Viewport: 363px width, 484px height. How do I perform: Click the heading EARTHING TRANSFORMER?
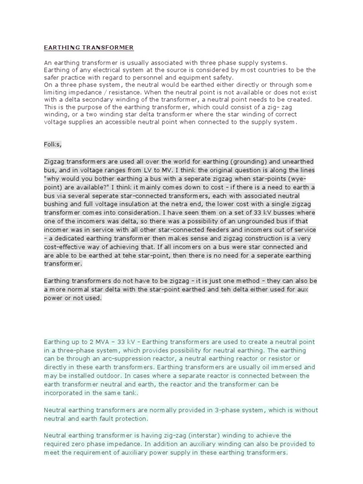pos(88,48)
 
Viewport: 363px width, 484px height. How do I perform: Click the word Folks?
pos(52,145)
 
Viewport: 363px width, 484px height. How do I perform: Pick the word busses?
pos(302,213)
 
